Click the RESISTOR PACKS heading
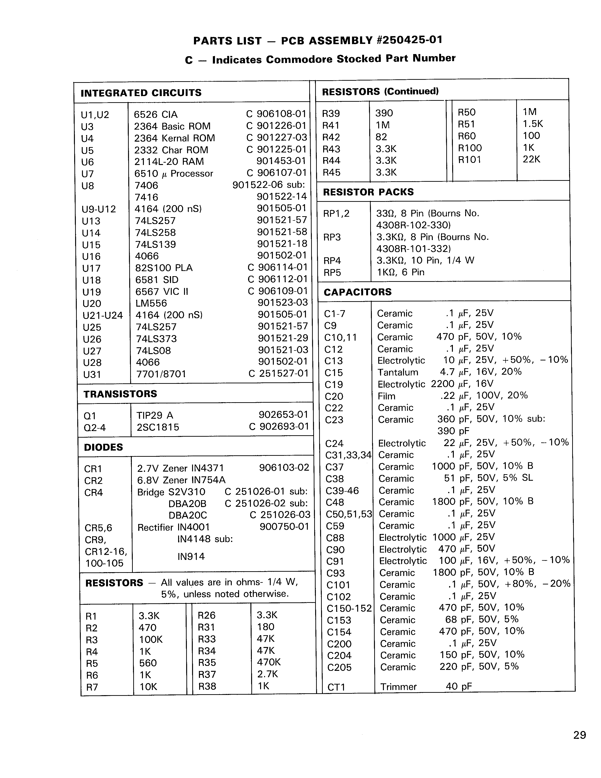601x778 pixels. [368, 192]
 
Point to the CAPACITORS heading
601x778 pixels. [357, 292]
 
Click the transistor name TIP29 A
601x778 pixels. [155, 415]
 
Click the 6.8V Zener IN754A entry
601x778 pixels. [181, 480]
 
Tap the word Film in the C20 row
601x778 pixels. [386, 396]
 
